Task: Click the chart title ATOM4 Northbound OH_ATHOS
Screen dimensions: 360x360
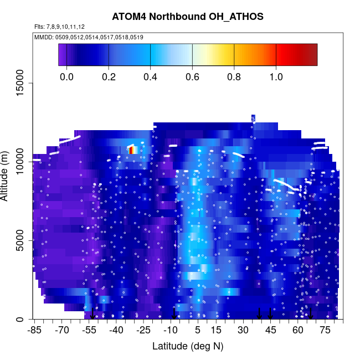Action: [x=187, y=17]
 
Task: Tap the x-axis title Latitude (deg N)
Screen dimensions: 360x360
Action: [x=187, y=346]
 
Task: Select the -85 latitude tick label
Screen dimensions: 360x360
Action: [x=34, y=331]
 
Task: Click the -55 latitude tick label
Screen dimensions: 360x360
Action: [x=89, y=331]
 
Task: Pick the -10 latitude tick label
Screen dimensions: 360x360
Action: [x=170, y=331]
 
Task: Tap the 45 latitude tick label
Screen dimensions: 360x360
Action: [x=270, y=331]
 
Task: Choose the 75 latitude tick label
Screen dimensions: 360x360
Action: [x=325, y=331]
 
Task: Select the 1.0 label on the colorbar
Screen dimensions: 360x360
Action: [x=276, y=76]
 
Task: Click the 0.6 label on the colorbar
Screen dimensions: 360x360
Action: [x=192, y=76]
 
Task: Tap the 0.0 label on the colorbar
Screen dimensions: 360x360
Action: [x=66, y=76]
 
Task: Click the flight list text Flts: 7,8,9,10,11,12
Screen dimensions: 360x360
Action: [x=59, y=27]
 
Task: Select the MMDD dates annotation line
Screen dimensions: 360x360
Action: [x=89, y=37]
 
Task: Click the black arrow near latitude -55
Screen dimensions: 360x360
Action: [x=92, y=314]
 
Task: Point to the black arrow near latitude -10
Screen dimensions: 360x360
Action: [x=174, y=314]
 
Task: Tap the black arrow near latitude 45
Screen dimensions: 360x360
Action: [x=270, y=314]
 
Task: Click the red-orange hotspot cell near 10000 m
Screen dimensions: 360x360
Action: [x=131, y=150]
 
